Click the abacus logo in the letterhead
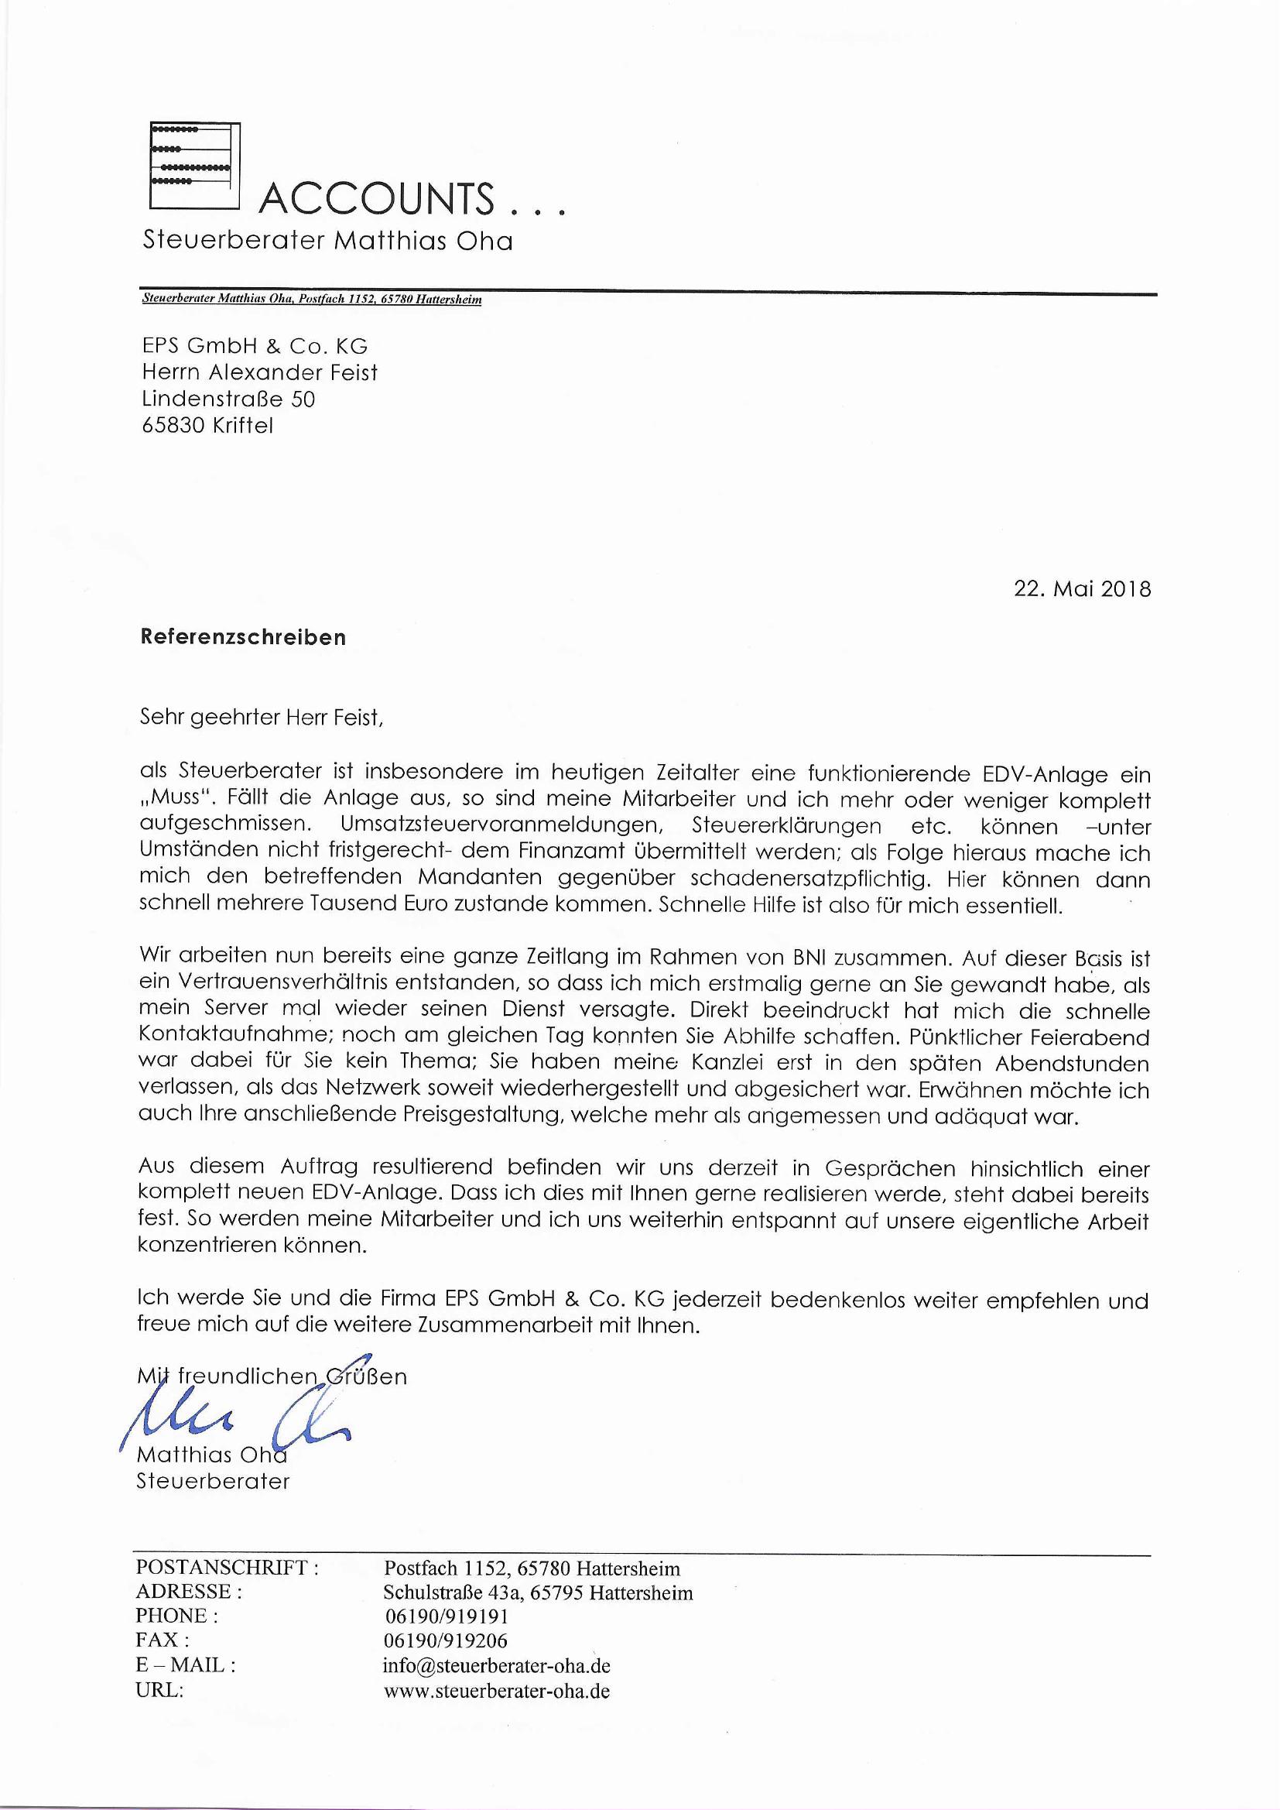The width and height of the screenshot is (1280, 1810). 195,166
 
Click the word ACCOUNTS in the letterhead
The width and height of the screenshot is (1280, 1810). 377,199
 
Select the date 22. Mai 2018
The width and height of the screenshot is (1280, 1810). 1081,589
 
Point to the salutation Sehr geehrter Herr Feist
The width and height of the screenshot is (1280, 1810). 261,718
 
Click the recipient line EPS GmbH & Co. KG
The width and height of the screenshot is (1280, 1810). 255,346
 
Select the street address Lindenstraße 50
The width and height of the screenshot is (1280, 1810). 228,399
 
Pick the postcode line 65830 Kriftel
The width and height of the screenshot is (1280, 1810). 207,426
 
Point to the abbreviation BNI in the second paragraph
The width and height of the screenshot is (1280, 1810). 806,958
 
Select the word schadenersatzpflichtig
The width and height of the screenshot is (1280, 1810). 813,878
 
